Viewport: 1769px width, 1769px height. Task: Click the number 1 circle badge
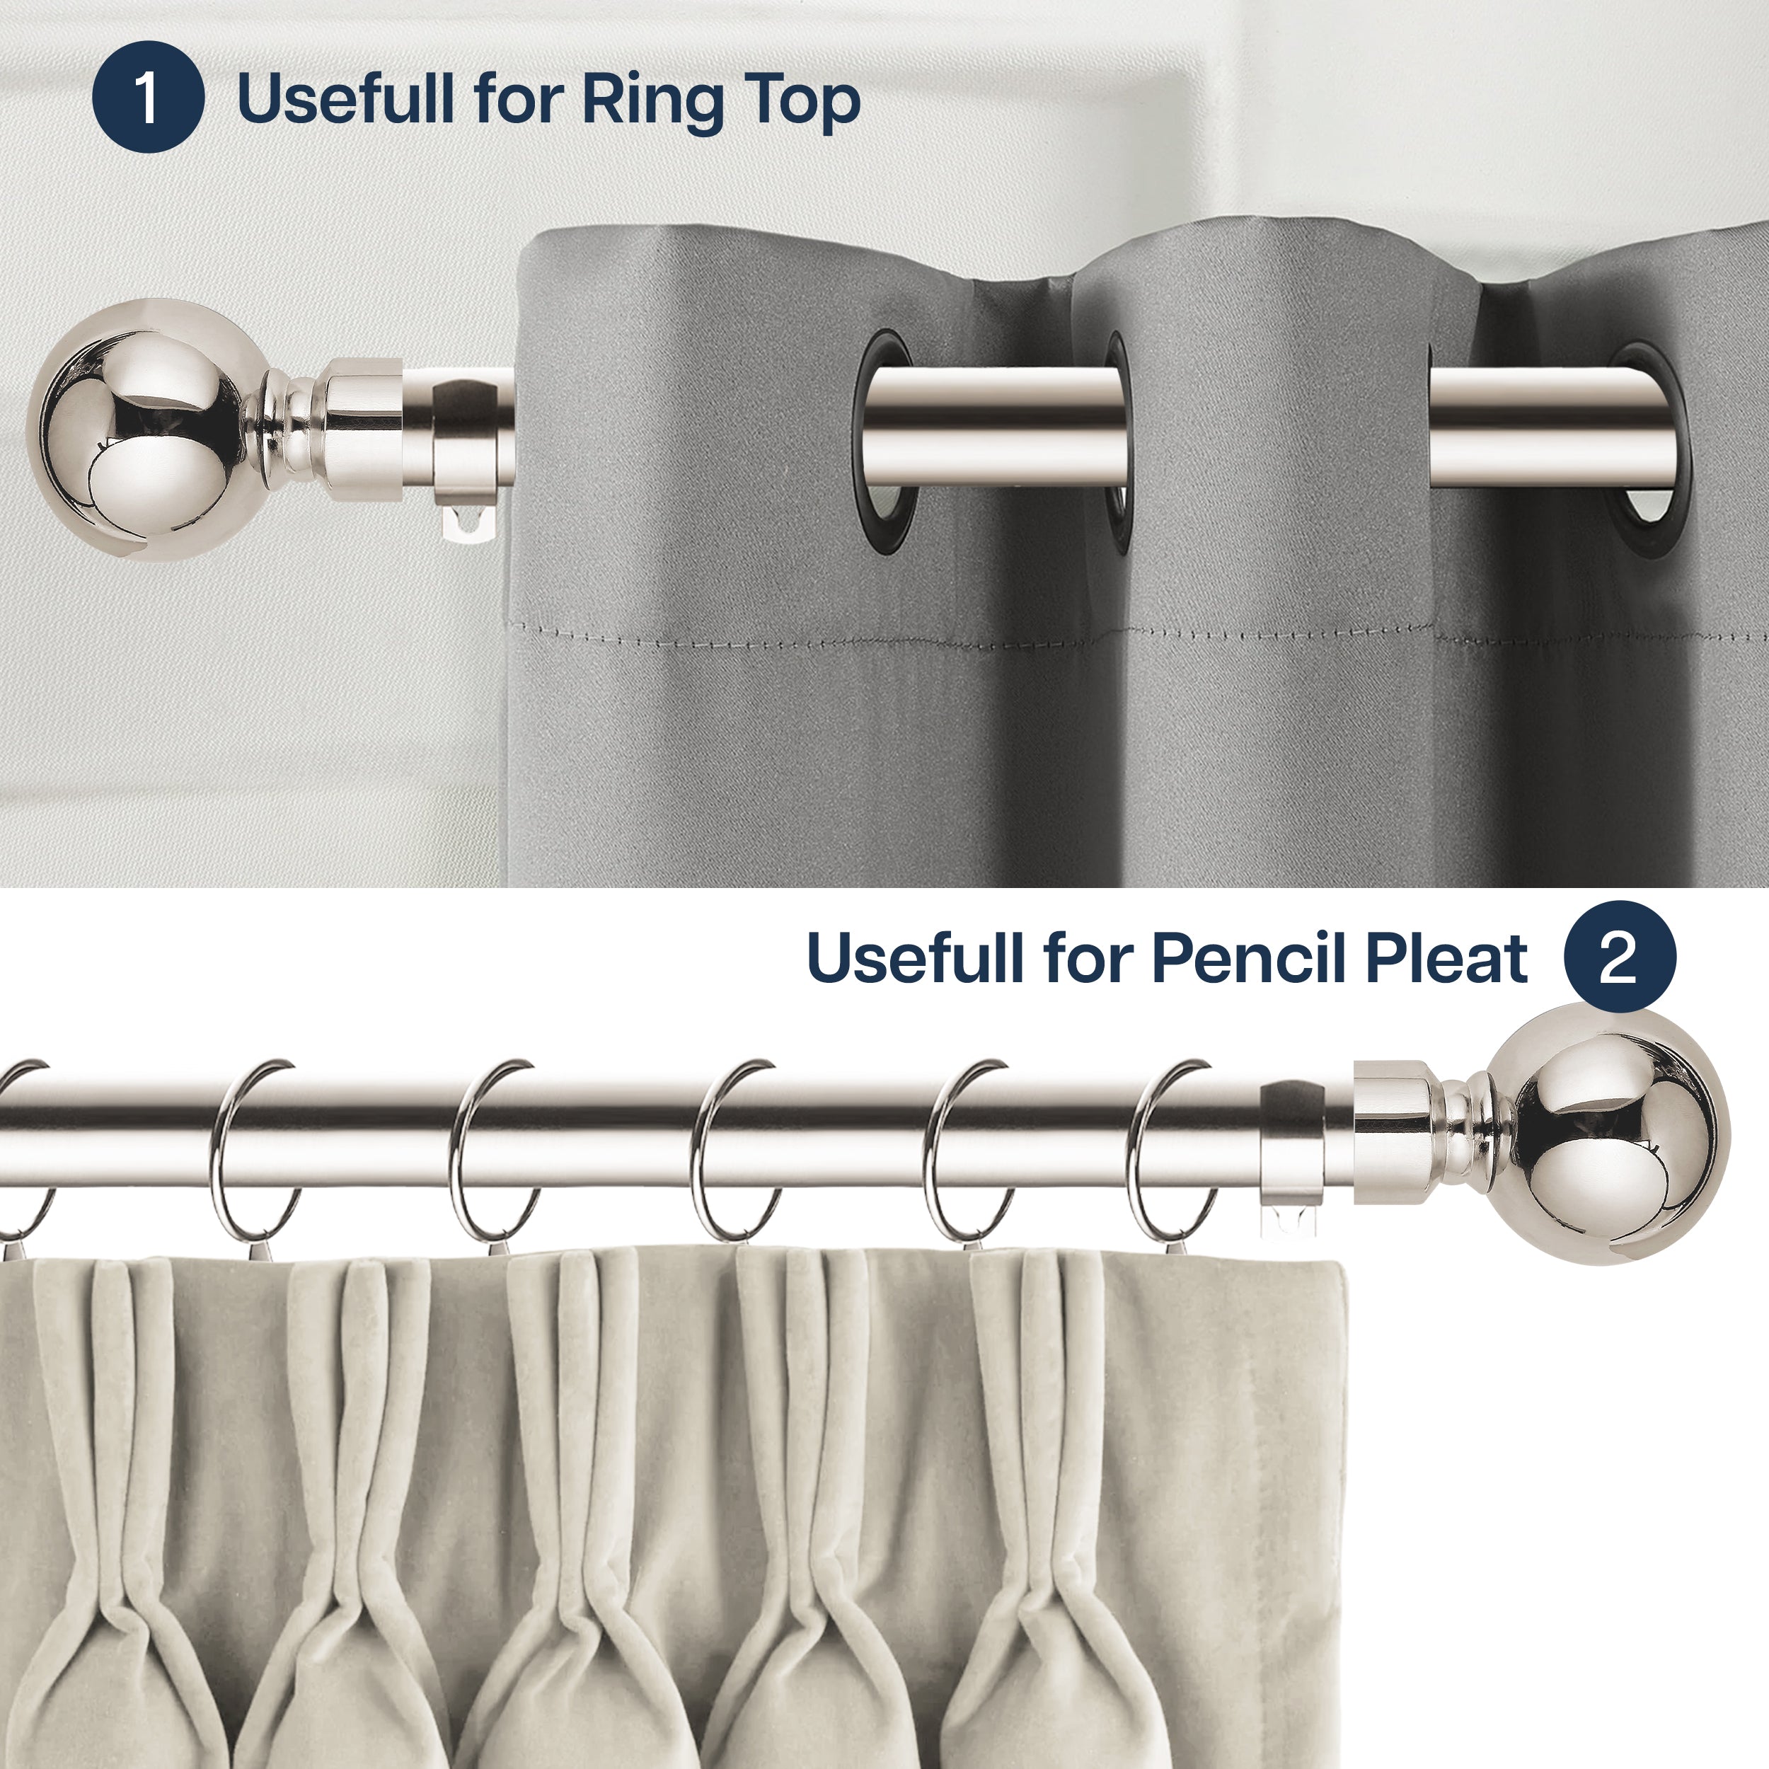(147, 97)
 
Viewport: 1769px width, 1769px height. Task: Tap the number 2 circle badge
(1619, 957)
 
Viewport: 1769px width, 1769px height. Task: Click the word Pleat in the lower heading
(1445, 958)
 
